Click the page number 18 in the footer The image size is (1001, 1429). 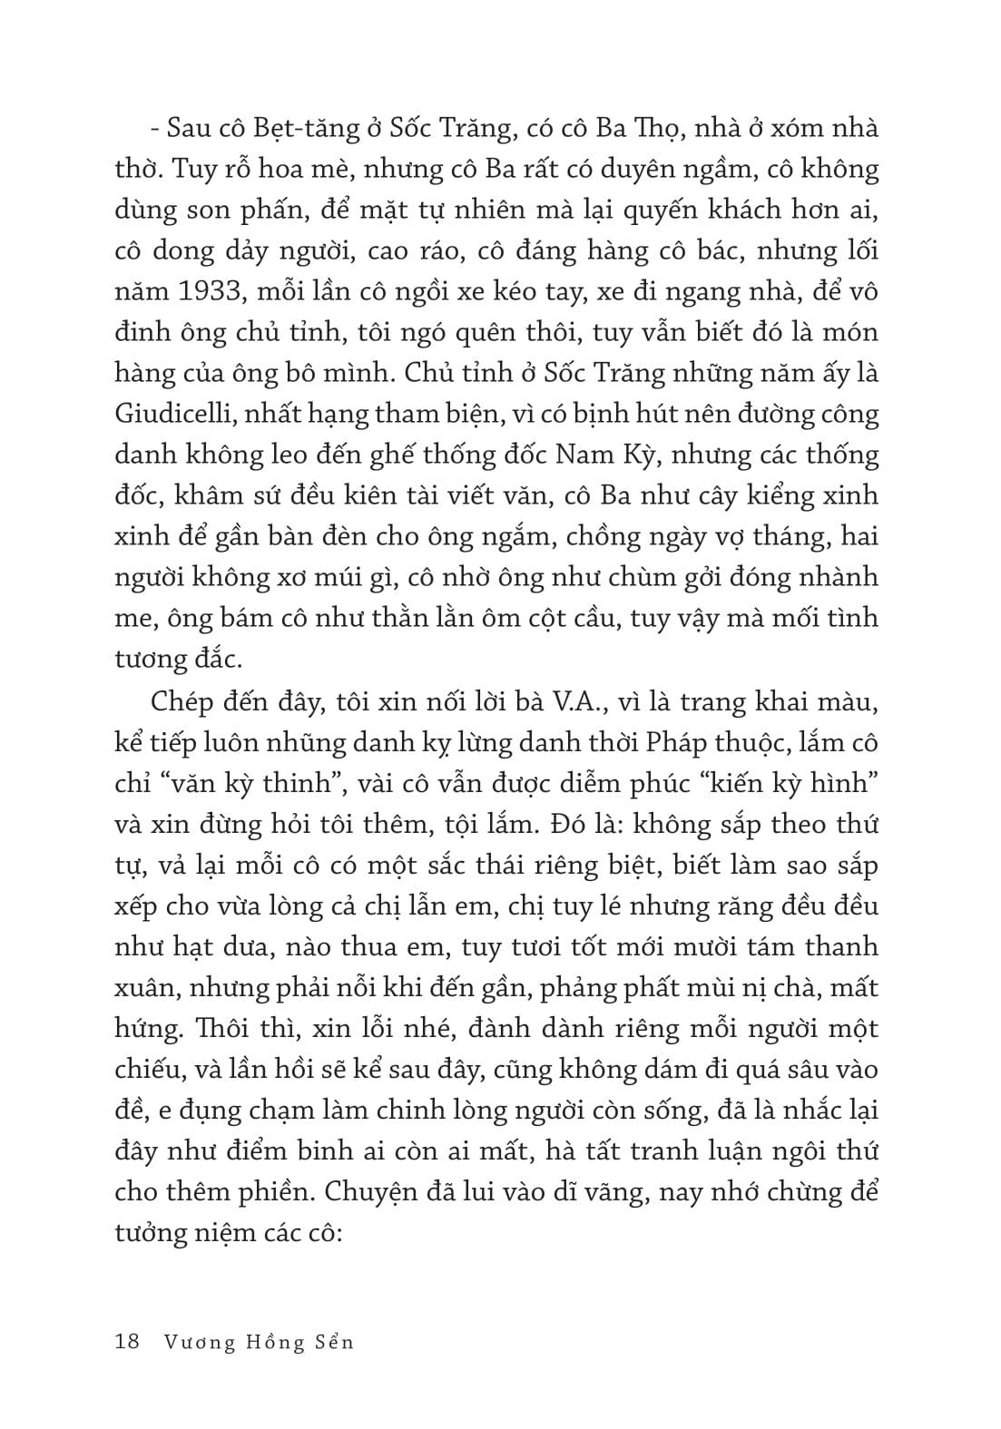[127, 1341]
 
